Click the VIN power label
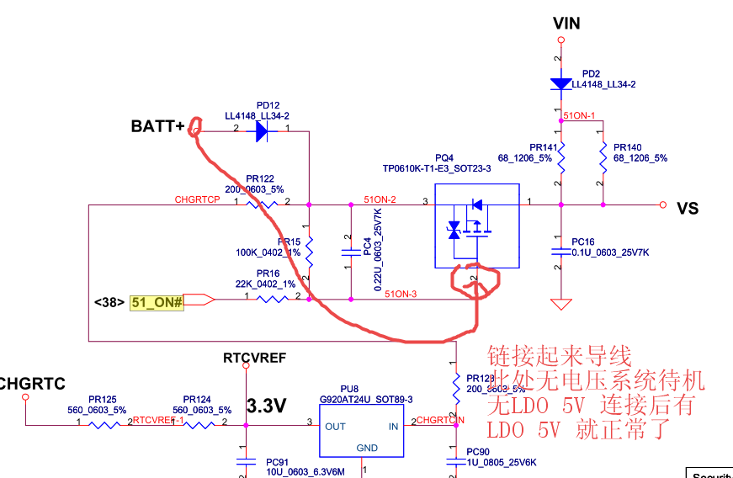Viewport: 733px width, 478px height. point(566,23)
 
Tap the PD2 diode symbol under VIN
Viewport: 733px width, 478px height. point(560,83)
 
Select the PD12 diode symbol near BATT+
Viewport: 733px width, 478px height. point(260,130)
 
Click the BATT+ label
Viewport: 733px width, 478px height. point(157,127)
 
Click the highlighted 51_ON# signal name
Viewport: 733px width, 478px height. point(157,300)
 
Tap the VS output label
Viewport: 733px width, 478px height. point(688,209)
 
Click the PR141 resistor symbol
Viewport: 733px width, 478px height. point(560,157)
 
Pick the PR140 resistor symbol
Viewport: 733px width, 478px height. point(603,157)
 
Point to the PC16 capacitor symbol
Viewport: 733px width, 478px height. point(560,251)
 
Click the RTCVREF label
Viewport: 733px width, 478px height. point(254,358)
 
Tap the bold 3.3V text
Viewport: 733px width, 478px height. point(267,406)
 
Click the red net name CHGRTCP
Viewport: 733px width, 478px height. point(197,199)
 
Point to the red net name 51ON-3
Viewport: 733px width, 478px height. point(401,294)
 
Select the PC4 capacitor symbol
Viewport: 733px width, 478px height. point(350,252)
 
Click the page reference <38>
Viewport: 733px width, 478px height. point(109,300)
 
